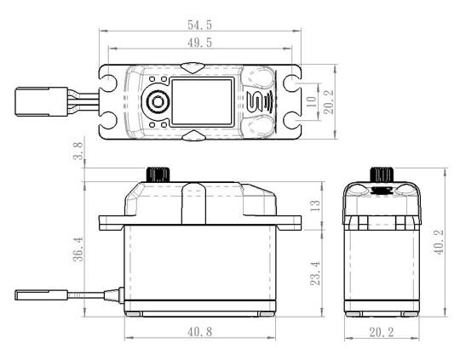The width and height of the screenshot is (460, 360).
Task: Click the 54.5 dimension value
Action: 199,25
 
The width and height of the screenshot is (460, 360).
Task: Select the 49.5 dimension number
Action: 199,43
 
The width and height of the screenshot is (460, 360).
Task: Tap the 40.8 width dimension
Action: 200,332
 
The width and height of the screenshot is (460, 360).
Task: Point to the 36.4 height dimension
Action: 78,249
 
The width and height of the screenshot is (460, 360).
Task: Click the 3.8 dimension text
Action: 78,151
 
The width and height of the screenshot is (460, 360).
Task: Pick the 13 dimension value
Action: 315,206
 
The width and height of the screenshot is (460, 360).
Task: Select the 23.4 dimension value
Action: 315,273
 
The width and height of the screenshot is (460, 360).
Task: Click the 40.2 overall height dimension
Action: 439,243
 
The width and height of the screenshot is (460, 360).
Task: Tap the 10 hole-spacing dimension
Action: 311,101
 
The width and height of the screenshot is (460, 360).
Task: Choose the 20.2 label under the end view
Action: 382,333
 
